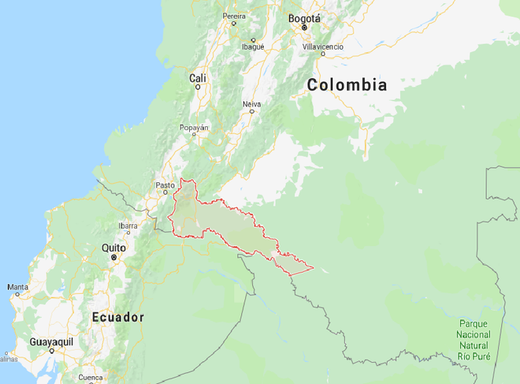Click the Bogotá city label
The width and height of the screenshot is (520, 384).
pos(304,18)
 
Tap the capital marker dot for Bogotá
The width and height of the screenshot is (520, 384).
pos(304,28)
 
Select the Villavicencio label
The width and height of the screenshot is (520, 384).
pos(323,47)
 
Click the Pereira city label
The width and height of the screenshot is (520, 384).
pos(234,15)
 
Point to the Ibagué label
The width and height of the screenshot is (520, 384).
pos(253,47)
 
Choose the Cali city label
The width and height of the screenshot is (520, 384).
pos(198,77)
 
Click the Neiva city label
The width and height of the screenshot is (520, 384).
pos(251,103)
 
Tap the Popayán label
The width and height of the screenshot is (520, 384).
pos(195,126)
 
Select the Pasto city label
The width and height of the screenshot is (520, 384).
pos(165,185)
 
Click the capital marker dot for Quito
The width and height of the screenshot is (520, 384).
pos(113,257)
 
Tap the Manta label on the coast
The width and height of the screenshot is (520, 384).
pos(17,288)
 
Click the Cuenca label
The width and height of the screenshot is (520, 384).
pos(91,377)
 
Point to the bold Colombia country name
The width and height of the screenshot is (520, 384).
pos(347,85)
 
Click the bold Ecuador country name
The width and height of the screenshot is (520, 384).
pos(118,317)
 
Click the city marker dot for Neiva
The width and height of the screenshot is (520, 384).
pos(252,111)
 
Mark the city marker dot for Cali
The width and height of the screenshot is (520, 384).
pos(198,86)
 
